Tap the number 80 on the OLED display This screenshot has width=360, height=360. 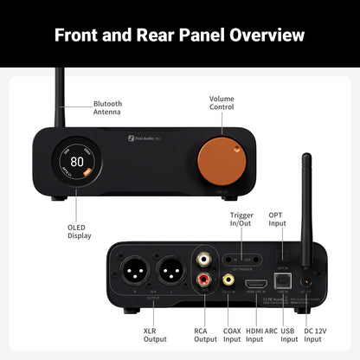77,160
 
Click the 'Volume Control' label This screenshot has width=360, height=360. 222,104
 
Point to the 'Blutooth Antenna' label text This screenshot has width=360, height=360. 108,109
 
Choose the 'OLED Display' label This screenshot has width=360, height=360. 79,231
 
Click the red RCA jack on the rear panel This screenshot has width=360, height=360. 203,280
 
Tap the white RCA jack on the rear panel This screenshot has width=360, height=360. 203,259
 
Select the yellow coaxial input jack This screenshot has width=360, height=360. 228,280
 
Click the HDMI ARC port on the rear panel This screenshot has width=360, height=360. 256,282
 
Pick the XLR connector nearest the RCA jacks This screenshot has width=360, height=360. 169,269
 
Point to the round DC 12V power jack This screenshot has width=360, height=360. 305,280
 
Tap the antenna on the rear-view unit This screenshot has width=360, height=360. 305,199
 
